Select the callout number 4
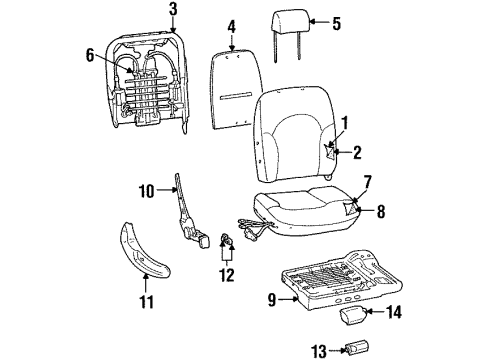[231, 26]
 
